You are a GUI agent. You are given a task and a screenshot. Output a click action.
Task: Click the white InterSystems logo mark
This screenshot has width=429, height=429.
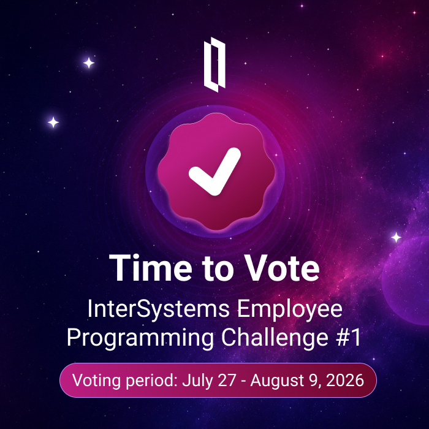[x=214, y=64]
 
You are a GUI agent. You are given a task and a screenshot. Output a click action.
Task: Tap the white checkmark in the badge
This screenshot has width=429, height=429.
[x=214, y=172]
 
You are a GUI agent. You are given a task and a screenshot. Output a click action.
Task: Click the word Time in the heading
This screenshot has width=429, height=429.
[x=151, y=268]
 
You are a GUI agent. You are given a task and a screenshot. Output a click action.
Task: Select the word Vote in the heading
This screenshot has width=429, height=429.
[x=281, y=268]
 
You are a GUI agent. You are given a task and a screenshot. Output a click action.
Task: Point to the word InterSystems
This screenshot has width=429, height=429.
[x=159, y=309]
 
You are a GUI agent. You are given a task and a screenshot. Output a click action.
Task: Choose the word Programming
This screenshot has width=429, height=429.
[x=140, y=338]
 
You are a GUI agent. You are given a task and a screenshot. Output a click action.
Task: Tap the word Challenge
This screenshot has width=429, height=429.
[x=275, y=338]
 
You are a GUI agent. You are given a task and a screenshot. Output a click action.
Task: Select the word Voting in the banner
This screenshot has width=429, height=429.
[x=97, y=381]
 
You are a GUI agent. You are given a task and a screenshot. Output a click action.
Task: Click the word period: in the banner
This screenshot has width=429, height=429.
[x=152, y=381]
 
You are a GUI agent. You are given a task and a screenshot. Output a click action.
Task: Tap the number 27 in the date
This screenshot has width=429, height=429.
[x=227, y=380]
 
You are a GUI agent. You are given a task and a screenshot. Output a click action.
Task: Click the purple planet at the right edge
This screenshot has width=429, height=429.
[x=406, y=281]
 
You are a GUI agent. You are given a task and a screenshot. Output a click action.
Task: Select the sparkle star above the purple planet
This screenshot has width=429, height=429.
[x=396, y=237]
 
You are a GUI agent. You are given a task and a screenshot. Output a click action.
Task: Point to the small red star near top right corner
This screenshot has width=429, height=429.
[x=414, y=13]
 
